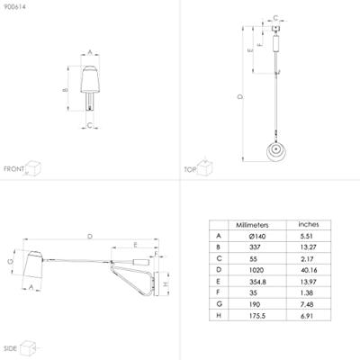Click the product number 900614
(x=14, y=6)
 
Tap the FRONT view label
(x=13, y=169)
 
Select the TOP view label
(x=190, y=170)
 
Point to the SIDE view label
(x=11, y=348)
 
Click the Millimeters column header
(x=252, y=225)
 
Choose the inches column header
(x=309, y=224)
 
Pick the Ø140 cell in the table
(x=257, y=237)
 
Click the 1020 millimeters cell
(x=256, y=270)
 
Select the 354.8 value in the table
(x=257, y=282)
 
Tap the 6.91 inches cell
(x=307, y=316)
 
